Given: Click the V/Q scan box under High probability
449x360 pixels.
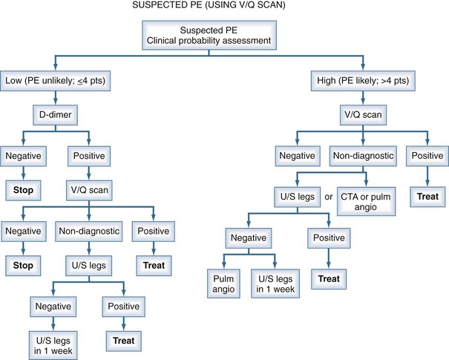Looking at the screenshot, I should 359,116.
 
